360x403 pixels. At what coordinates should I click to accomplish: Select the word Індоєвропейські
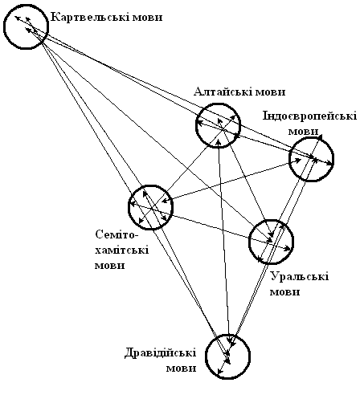tap(309, 116)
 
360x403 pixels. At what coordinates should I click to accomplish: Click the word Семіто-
tap(117, 235)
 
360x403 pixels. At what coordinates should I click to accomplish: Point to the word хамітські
tap(122, 250)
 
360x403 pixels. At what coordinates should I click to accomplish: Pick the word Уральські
tap(300, 276)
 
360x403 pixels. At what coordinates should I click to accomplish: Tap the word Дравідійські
tap(160, 352)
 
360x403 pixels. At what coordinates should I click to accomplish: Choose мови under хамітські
tap(110, 266)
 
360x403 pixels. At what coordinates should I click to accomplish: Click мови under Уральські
tap(284, 292)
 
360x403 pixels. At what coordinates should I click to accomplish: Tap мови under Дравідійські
tap(181, 368)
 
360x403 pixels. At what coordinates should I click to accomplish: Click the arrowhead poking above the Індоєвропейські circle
tap(320, 136)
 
